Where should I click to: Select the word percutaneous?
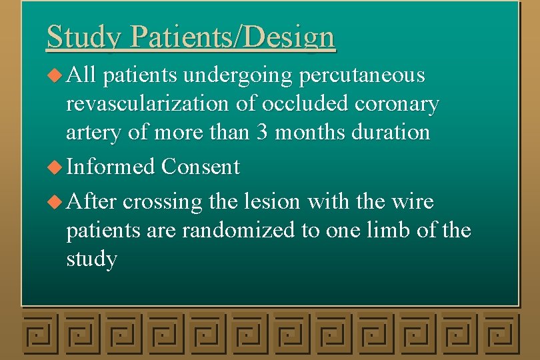(x=362, y=76)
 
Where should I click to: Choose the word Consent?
(x=200, y=167)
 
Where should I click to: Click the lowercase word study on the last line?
(x=92, y=259)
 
